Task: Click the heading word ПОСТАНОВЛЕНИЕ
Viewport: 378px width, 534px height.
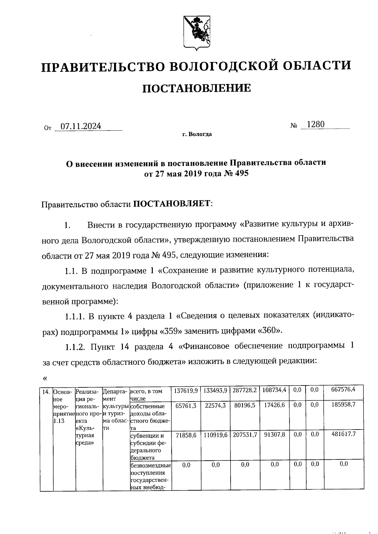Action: point(197,88)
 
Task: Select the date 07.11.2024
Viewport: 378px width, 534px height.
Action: point(81,126)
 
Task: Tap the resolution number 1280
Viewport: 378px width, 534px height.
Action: point(315,124)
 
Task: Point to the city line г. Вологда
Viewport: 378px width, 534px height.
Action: point(197,134)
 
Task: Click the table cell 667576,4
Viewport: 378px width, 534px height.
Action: point(343,389)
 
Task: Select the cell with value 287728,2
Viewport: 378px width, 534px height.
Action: point(245,390)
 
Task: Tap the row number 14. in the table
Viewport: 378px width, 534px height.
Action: point(46,392)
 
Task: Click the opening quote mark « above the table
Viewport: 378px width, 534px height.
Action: point(44,378)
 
